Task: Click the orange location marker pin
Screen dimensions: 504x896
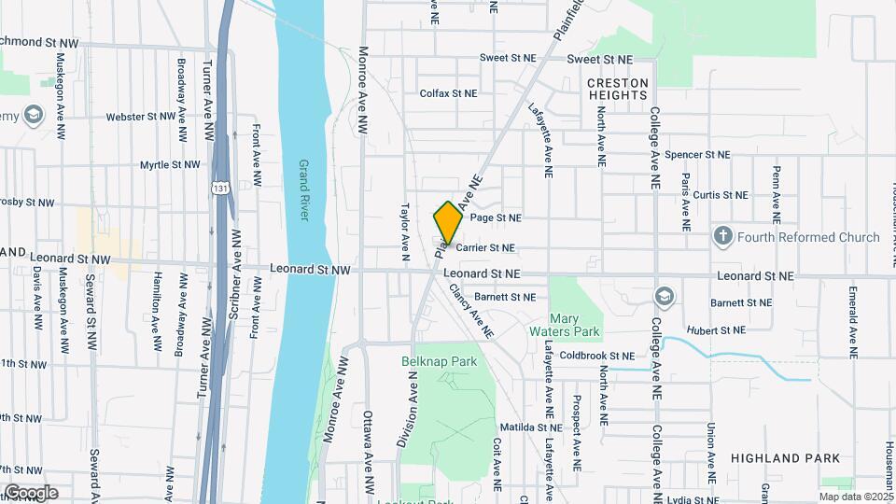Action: tap(448, 223)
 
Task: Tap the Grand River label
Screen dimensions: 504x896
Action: tap(303, 190)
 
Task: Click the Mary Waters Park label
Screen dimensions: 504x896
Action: tap(576, 325)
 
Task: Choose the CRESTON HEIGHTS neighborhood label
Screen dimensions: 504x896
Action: tap(617, 90)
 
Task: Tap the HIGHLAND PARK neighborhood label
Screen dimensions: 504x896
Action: tap(785, 458)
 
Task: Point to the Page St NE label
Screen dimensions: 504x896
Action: tap(496, 217)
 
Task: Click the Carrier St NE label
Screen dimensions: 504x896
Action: tap(485, 248)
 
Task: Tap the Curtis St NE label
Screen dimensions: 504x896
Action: tap(721, 195)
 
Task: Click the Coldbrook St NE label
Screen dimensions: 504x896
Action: tap(597, 356)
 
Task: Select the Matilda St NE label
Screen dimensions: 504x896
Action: tap(530, 427)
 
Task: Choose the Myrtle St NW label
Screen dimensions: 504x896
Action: tap(170, 165)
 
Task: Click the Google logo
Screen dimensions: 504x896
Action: tap(31, 493)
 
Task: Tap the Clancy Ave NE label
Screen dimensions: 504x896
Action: tap(469, 311)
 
